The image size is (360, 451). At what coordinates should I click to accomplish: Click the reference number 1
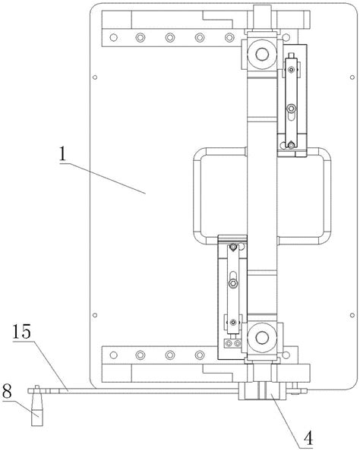62,154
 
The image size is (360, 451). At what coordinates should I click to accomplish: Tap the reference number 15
21,332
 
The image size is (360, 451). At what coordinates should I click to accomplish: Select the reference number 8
7,392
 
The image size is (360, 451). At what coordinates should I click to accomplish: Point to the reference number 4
308,439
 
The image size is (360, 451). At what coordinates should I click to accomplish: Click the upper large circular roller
262,55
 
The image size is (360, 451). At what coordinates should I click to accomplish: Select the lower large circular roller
262,337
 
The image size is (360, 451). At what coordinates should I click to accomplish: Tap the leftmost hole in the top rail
114,37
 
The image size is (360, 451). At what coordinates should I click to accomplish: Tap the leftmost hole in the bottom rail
114,355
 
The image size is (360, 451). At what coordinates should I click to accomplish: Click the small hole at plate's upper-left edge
95,77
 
